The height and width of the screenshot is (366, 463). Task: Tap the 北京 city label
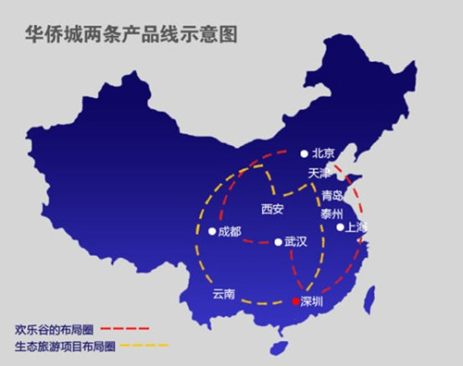[x=322, y=153]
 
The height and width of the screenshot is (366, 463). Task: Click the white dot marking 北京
[x=304, y=153]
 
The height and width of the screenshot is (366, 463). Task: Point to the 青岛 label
[x=332, y=196]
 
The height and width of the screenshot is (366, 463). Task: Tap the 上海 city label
[x=357, y=226]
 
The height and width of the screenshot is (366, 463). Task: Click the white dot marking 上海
[x=340, y=226]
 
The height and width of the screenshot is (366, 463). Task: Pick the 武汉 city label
[x=295, y=242]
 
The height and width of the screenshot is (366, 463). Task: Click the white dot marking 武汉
[x=278, y=242]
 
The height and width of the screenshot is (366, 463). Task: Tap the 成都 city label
[x=229, y=231]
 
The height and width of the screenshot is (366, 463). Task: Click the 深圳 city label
[x=313, y=301]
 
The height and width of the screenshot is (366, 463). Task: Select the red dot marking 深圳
[x=295, y=301]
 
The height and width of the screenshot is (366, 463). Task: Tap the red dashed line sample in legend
[x=124, y=328]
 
